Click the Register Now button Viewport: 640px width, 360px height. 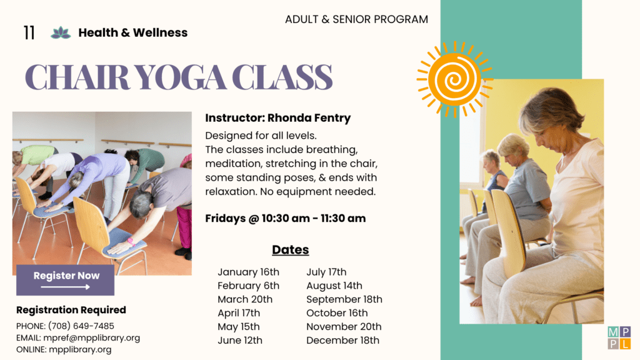click(65, 280)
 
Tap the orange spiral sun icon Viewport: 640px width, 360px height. click(455, 79)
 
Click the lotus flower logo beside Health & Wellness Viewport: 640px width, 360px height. click(61, 32)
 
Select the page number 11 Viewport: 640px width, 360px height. click(29, 32)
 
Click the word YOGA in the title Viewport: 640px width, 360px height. click(180, 77)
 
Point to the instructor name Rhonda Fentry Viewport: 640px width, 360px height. click(309, 118)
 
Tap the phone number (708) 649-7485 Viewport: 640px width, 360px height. click(81, 326)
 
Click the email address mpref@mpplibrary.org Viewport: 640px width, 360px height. click(91, 338)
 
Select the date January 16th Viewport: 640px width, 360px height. click(248, 272)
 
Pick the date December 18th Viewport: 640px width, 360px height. click(343, 340)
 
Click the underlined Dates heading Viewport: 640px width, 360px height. click(291, 249)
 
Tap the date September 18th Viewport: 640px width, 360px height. click(344, 299)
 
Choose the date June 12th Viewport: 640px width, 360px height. click(240, 340)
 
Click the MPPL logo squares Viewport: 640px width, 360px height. click(619, 337)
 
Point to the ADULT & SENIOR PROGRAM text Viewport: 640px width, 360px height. click(356, 19)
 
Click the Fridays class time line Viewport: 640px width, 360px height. click(285, 218)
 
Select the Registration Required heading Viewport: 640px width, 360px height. click(71, 310)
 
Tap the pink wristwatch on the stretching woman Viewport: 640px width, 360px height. click(131, 242)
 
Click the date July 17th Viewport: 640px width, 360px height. click(326, 272)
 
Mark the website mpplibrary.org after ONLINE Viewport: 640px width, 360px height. click(80, 349)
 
